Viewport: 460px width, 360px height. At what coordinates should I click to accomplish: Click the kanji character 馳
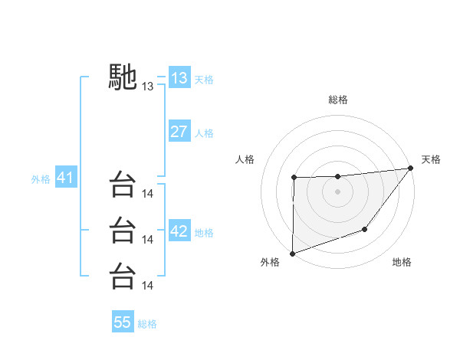point(123,77)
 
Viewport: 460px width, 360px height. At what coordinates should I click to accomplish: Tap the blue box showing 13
point(179,77)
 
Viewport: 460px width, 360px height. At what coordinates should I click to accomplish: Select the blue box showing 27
point(179,131)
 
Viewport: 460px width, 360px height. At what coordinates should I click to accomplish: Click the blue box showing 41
point(64,178)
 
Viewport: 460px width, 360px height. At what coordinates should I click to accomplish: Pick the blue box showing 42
point(179,231)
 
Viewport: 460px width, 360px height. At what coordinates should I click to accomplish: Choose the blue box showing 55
point(123,322)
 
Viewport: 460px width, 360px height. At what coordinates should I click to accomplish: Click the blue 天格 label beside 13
point(204,80)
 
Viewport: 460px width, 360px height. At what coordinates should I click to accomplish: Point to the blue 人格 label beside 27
point(204,133)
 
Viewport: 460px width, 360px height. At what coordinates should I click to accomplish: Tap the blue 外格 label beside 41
point(41,179)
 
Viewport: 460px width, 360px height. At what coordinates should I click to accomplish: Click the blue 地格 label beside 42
point(204,233)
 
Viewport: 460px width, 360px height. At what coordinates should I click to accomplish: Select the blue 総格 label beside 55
point(147,324)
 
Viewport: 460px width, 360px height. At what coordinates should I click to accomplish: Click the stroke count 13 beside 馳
point(148,87)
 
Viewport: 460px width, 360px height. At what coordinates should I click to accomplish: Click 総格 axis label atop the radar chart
point(338,100)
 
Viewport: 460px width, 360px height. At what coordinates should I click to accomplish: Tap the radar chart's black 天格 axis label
point(431,159)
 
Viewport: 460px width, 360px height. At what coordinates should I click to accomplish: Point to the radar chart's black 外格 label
point(270,263)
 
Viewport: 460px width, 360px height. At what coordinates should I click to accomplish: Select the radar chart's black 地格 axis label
point(402,263)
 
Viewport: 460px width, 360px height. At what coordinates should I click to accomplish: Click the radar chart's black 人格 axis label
point(245,159)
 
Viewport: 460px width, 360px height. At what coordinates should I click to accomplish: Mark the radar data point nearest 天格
point(410,169)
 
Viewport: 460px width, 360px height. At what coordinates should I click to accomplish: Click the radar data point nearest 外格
point(293,253)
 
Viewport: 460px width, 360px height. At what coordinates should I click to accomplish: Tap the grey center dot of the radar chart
point(338,191)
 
